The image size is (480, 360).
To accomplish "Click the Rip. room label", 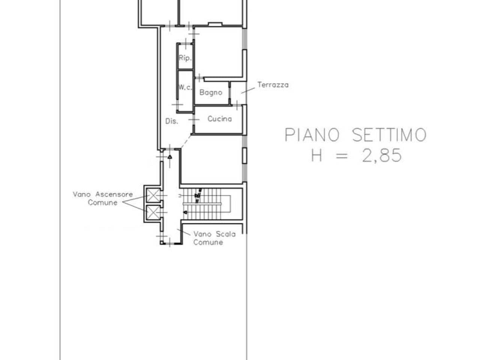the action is tap(185, 58).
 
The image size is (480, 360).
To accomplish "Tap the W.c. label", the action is tap(185, 87).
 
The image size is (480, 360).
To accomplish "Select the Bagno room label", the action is tap(211, 93).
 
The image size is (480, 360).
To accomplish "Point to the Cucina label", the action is tap(219, 119).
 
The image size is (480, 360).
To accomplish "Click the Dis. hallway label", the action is tap(172, 121).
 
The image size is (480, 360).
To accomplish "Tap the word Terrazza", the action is tap(273, 85).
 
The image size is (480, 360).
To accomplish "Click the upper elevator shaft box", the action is tap(153, 195).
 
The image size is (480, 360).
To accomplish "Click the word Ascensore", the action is tap(114, 194).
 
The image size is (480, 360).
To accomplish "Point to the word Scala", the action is tap(225, 234).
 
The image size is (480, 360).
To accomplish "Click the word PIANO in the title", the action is tap(312, 135).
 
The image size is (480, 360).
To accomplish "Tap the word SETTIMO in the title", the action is tap(389, 135).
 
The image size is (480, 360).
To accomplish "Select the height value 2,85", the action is tap(382, 155).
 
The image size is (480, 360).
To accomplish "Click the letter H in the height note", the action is tap(316, 155).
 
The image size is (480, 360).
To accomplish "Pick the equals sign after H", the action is tap(342, 156).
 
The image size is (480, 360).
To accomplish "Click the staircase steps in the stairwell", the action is tap(202, 204).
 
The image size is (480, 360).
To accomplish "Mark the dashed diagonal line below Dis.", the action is tap(186, 142).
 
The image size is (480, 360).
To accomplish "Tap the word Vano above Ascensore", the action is tap(82, 194).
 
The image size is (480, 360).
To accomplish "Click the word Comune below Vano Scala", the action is tap(208, 242).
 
